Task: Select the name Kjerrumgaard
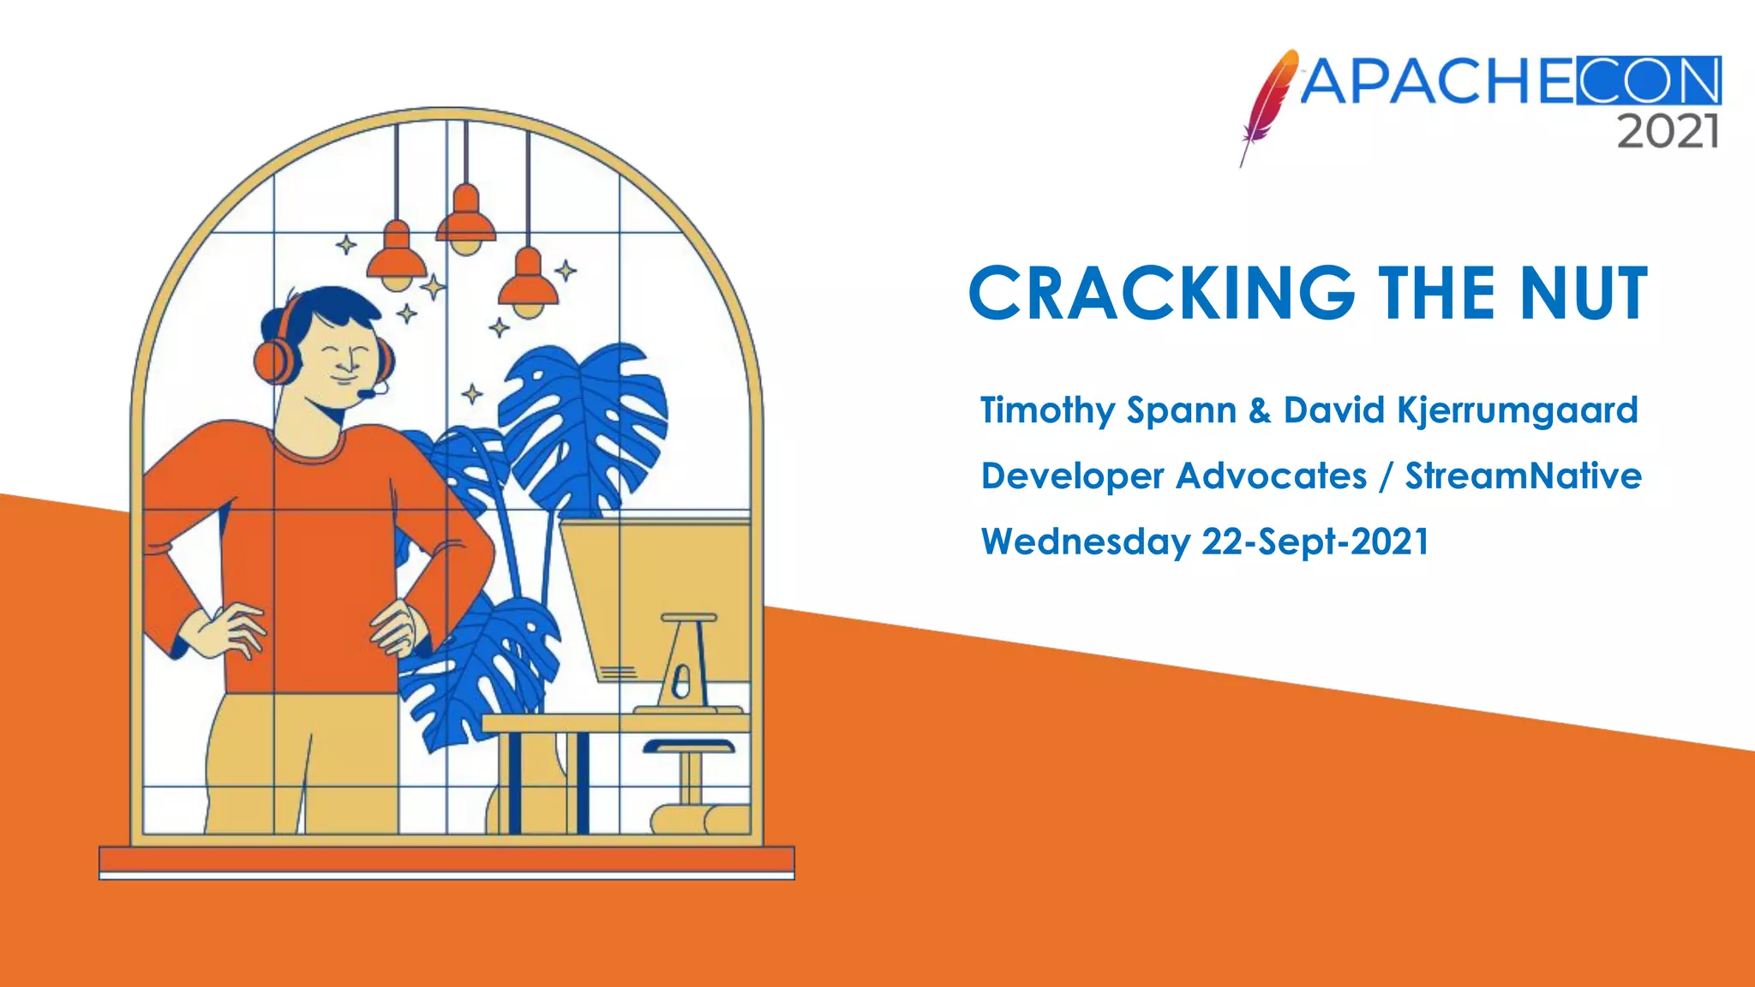click(x=1518, y=411)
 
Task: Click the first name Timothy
click(x=1046, y=411)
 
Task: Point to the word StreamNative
click(x=1523, y=476)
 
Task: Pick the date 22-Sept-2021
click(x=1315, y=542)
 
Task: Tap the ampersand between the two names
click(x=1260, y=411)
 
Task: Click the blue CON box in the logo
click(x=1648, y=81)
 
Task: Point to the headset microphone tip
click(x=365, y=394)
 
